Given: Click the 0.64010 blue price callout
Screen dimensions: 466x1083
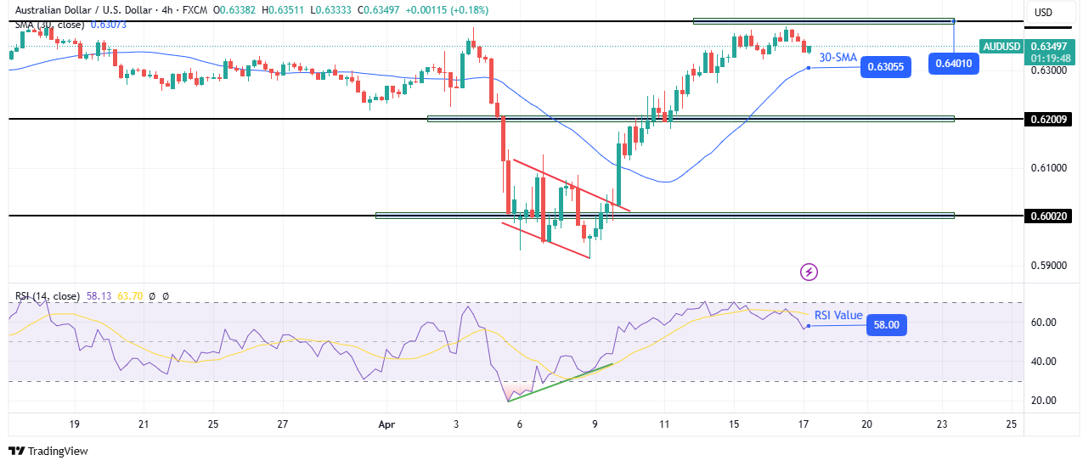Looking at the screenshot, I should click(x=954, y=63).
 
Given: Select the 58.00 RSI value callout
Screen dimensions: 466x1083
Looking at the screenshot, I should click(x=886, y=324).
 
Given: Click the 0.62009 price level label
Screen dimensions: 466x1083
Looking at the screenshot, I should click(x=1050, y=119).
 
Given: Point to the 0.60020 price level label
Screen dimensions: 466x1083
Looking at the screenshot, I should click(x=1050, y=216).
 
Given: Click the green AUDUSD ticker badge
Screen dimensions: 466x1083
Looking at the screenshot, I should click(x=1001, y=47).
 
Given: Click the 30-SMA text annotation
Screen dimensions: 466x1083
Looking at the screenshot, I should click(x=838, y=58).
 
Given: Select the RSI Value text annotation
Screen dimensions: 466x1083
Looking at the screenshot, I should click(x=838, y=316).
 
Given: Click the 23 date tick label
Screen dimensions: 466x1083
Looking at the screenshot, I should click(x=941, y=424).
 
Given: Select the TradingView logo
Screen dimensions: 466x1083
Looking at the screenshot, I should click(x=48, y=451).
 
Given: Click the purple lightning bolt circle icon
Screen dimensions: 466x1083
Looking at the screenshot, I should click(x=809, y=272).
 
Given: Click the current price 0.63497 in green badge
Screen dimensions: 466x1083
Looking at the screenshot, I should click(x=1049, y=46).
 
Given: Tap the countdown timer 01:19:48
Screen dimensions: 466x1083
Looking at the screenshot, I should click(x=1049, y=58).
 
